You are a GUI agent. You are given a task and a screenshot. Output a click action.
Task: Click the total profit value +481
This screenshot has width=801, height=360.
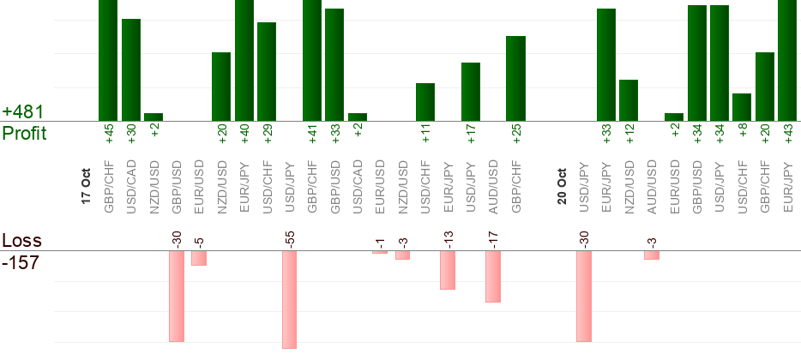(x=23, y=112)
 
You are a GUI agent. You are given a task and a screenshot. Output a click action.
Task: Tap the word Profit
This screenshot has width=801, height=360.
(x=24, y=133)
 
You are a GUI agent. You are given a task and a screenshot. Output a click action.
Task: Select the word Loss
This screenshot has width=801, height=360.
(x=21, y=241)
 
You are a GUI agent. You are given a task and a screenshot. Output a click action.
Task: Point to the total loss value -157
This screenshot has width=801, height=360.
(x=21, y=263)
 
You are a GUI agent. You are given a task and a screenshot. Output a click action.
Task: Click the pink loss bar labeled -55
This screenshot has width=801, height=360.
(x=289, y=299)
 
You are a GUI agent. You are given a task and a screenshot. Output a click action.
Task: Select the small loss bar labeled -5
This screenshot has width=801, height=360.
(x=199, y=258)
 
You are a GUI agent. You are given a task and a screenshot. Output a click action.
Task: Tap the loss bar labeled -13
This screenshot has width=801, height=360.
(x=448, y=270)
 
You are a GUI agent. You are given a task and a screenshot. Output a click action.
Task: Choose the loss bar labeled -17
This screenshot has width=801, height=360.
(x=493, y=276)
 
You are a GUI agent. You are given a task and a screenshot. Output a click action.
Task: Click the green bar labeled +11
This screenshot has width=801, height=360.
(x=425, y=102)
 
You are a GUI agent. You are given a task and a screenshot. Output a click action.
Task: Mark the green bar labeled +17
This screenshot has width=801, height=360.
(x=471, y=92)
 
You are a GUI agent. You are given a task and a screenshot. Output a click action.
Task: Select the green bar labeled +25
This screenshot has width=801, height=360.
(x=515, y=79)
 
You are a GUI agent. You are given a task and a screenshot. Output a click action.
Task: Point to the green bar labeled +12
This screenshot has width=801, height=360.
(x=629, y=100)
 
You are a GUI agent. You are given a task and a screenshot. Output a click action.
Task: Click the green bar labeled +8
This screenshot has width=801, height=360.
(x=742, y=107)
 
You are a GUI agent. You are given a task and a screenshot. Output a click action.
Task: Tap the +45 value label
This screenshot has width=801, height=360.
(x=109, y=135)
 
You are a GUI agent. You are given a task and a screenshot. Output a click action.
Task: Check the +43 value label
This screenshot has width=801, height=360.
(x=788, y=135)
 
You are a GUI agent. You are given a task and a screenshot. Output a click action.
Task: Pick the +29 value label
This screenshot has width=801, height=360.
(x=268, y=135)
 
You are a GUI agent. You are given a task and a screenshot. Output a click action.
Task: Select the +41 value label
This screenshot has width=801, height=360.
(x=312, y=135)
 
